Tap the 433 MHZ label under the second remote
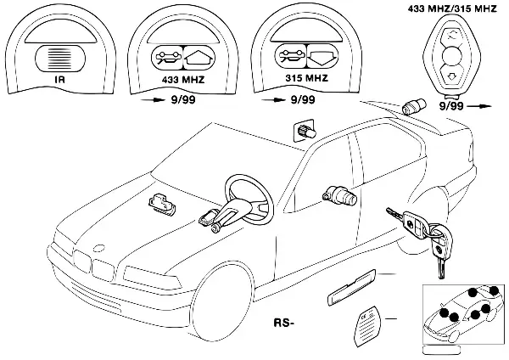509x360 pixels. click(x=182, y=77)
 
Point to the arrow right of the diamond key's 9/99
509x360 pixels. click(x=481, y=109)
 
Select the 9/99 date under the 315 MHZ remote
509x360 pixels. click(x=301, y=99)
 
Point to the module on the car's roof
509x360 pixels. click(x=304, y=132)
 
